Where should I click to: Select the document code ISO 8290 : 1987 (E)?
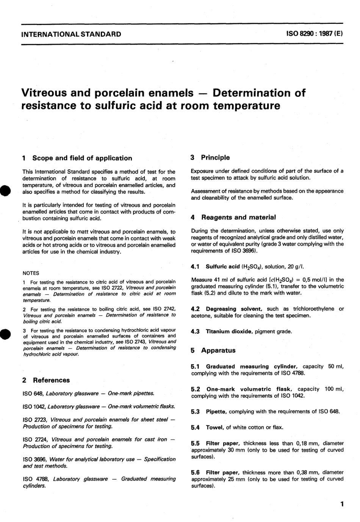pyautogui.click(x=315, y=33)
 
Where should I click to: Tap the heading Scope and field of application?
pyautogui.click(x=82, y=158)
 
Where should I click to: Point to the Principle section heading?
pyautogui.click(x=215, y=157)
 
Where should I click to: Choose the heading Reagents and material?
pyautogui.click(x=238, y=217)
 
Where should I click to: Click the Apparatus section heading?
pyautogui.click(x=218, y=350)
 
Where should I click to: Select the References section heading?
pyautogui.click(x=51, y=380)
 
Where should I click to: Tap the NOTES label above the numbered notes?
pyautogui.click(x=31, y=273)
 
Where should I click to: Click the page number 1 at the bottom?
pyautogui.click(x=342, y=504)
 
